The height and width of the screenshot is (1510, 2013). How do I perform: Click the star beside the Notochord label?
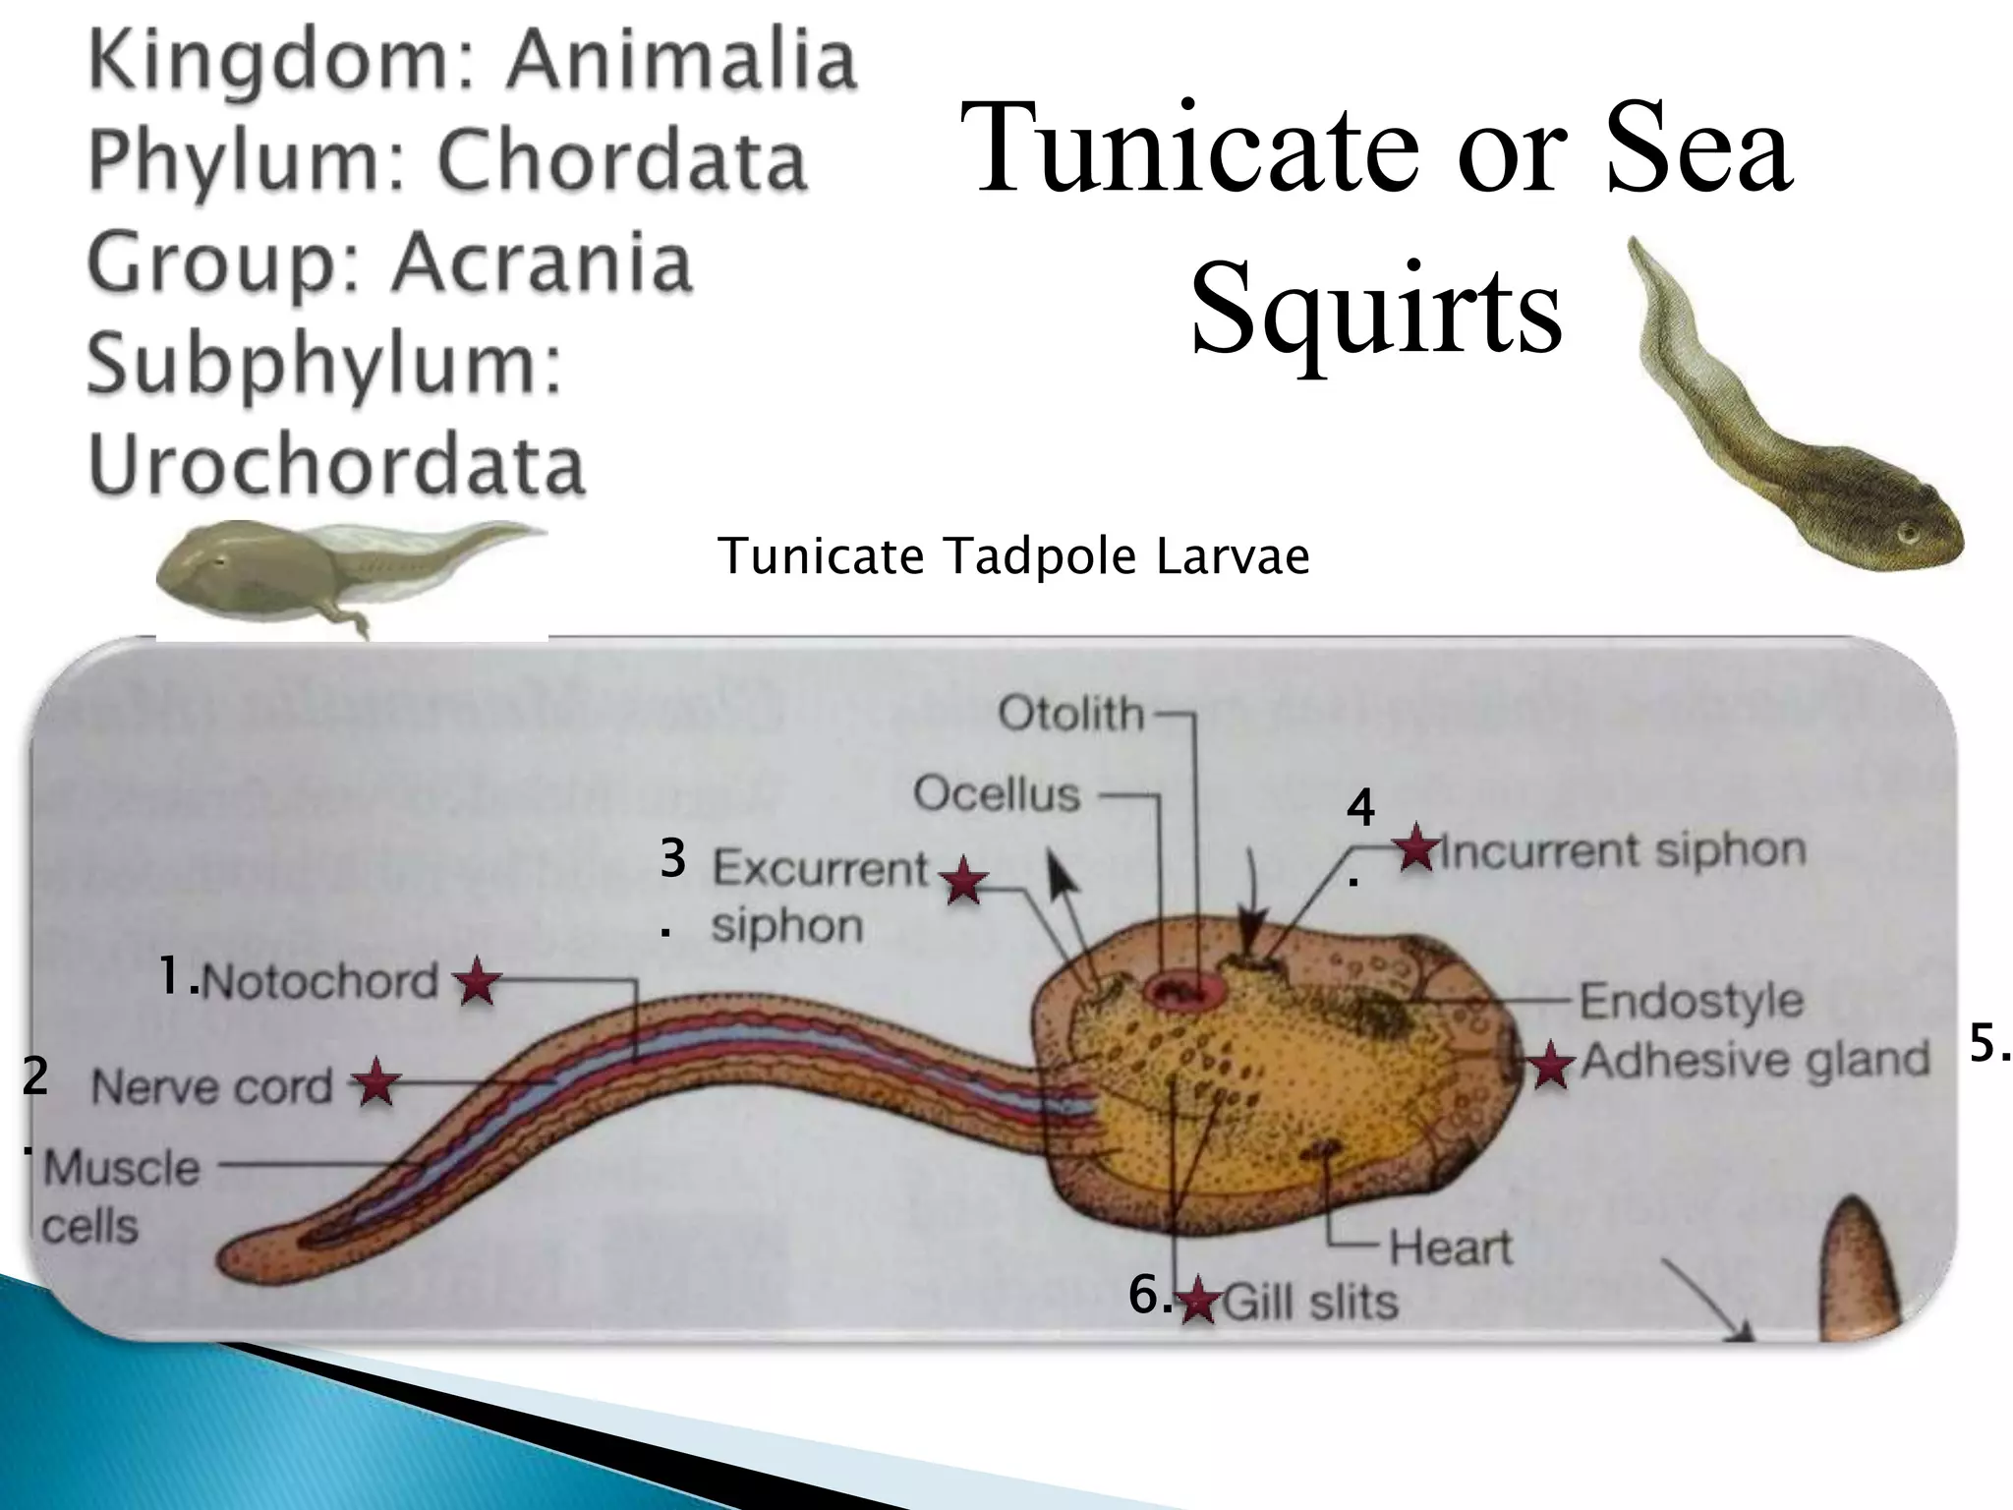477,981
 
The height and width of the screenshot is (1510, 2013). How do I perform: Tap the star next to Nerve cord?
375,1083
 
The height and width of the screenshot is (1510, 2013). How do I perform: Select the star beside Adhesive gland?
1550,1065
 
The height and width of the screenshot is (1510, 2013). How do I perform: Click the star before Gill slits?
1198,1302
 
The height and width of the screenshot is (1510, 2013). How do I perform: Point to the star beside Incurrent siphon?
1416,848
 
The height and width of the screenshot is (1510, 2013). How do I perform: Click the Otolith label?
1071,715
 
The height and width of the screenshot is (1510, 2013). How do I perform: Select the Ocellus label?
997,793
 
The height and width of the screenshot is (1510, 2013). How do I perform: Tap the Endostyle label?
1691,1002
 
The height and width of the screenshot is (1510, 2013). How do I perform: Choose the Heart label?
1450,1249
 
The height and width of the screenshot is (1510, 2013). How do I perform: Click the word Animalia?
681,61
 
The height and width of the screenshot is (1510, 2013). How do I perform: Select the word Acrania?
544,262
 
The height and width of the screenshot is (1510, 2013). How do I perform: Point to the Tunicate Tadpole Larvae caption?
1013,556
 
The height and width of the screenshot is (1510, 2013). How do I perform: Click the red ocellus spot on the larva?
1179,991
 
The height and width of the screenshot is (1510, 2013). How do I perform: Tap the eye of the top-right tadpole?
1908,534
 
